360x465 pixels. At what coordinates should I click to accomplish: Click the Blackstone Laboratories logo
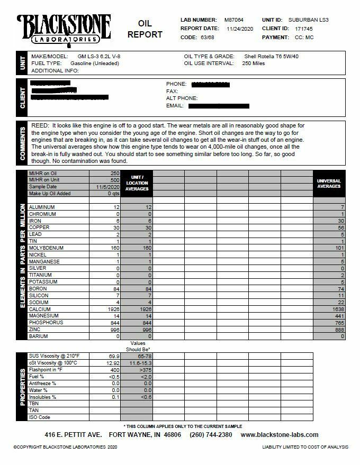[64, 30]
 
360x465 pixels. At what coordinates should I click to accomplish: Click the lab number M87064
[234, 20]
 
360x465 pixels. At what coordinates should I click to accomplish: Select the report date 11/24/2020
[241, 29]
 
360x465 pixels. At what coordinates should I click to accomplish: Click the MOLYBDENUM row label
[47, 248]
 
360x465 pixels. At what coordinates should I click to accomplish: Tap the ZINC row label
[35, 329]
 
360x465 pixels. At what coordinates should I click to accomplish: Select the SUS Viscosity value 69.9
[113, 356]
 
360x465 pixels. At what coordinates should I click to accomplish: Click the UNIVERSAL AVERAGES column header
[329, 184]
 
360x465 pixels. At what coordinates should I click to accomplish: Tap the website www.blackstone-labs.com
[279, 435]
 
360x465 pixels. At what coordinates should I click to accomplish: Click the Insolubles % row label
[42, 397]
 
